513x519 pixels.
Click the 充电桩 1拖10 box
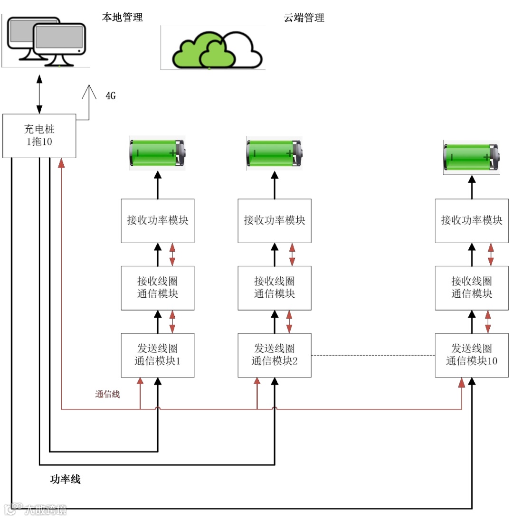(x=39, y=136)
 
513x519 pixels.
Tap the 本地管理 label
(x=122, y=17)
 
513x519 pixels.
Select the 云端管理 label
(x=304, y=18)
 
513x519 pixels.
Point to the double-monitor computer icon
(x=47, y=41)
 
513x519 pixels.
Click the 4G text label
(x=111, y=95)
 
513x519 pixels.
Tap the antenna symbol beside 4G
(x=89, y=102)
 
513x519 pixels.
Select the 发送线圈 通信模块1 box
(x=158, y=355)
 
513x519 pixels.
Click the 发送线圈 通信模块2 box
(x=275, y=355)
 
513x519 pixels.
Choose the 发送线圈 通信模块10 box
(x=472, y=355)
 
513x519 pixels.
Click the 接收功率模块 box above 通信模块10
(x=472, y=221)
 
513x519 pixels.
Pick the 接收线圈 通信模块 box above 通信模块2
(x=275, y=288)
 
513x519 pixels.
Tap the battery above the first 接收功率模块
(x=157, y=153)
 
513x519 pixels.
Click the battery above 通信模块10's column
(x=472, y=157)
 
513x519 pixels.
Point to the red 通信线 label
(x=107, y=394)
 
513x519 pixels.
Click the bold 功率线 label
(x=65, y=479)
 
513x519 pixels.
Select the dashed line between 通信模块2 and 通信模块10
(x=373, y=355)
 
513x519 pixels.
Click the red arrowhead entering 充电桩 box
(x=61, y=163)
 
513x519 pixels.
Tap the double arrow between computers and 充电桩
(x=39, y=94)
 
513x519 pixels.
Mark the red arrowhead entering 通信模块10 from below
(x=462, y=382)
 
